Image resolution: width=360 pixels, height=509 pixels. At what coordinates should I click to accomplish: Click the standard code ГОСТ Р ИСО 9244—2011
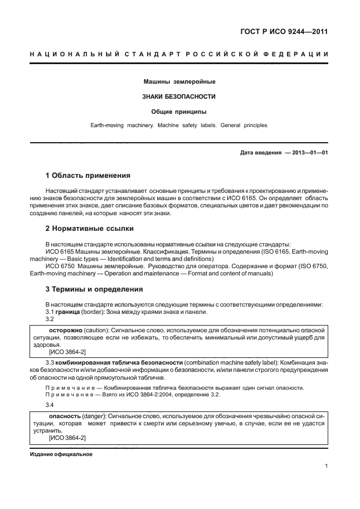coord(284,32)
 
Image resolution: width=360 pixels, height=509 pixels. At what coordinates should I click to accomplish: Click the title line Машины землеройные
coord(179,82)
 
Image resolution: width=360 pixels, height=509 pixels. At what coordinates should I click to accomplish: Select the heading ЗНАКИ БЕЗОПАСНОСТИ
coord(179,96)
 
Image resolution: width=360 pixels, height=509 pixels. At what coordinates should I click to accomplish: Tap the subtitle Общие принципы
coord(179,112)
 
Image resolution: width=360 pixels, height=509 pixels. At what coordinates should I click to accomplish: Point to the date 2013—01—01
coord(308,152)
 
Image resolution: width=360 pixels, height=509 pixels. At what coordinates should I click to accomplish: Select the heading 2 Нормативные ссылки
coord(89,229)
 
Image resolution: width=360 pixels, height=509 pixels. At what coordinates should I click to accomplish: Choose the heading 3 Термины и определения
coord(94,289)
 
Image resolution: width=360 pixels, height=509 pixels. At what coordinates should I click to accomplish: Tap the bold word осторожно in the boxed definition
coord(65,330)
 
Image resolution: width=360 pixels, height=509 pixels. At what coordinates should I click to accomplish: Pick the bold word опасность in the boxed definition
coord(65,416)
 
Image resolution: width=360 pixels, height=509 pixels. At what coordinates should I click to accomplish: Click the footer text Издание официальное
coord(61,454)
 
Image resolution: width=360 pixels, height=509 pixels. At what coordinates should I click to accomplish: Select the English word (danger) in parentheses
coord(94,416)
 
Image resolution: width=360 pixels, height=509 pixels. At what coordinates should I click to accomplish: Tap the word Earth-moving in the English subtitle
coord(109,125)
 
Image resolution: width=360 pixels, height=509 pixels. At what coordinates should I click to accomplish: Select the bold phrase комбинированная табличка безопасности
coord(118,363)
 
